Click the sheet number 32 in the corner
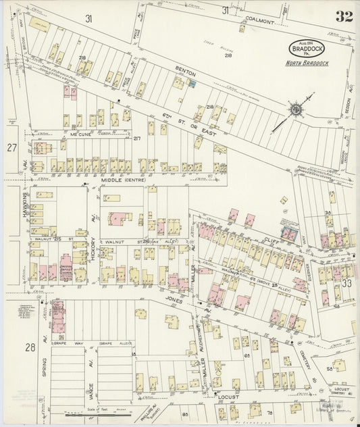click(x=343, y=16)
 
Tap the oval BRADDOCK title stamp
click(x=307, y=48)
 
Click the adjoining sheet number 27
click(x=11, y=147)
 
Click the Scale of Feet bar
click(x=101, y=413)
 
